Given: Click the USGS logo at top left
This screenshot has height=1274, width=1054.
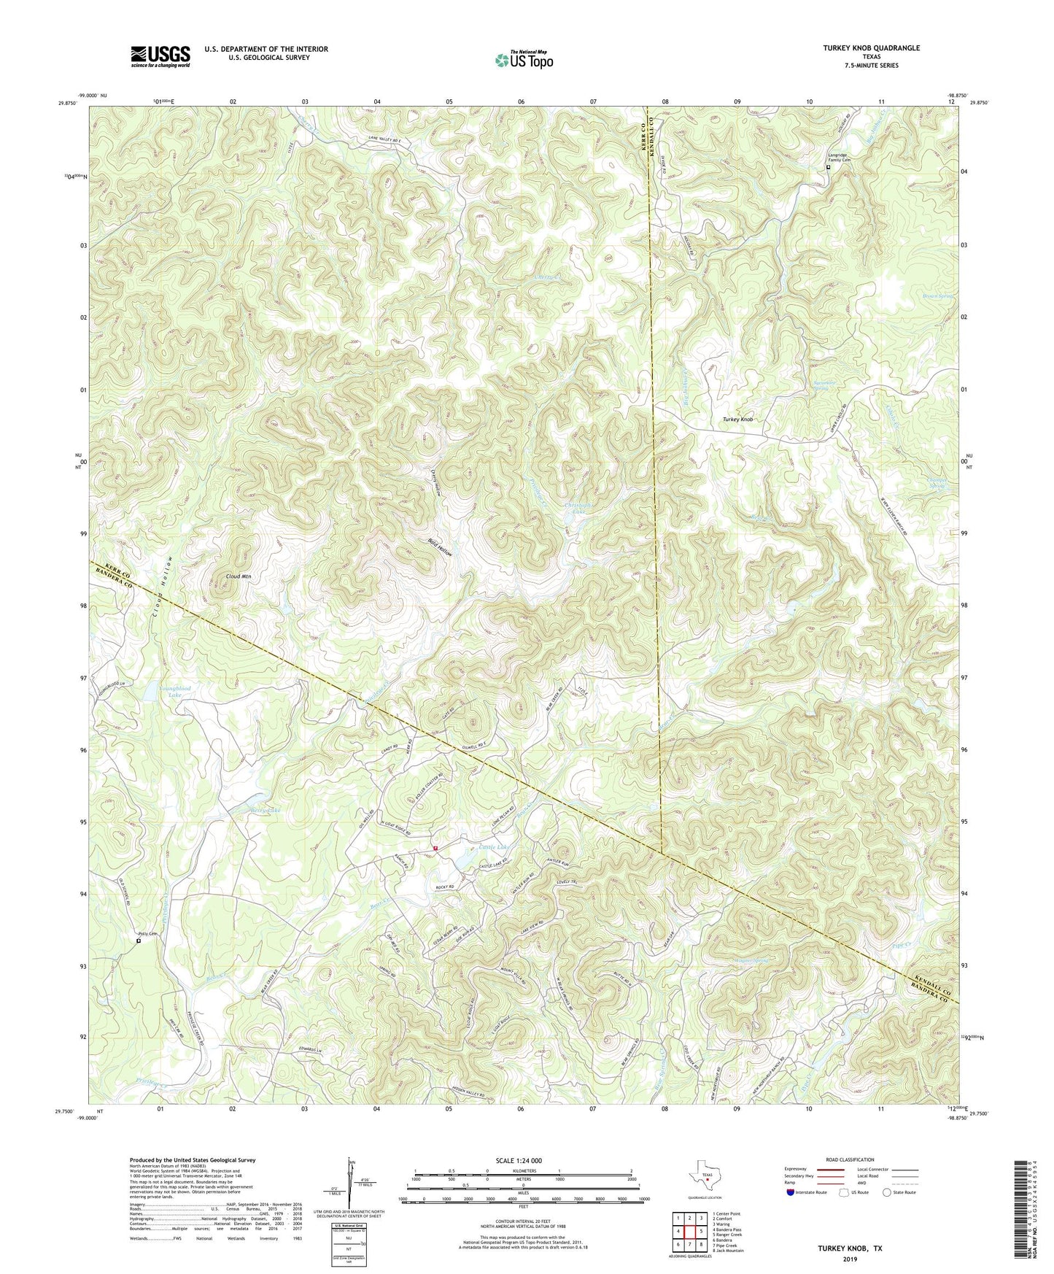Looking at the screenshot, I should click(160, 55).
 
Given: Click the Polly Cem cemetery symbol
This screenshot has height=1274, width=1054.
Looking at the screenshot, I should click(139, 941).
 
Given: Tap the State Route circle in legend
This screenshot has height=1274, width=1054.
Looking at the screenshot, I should click(886, 1192).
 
